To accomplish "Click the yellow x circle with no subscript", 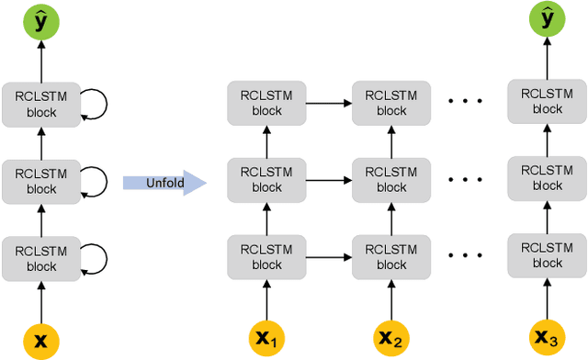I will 40,341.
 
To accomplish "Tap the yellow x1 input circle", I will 267,339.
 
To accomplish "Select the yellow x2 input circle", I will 391,339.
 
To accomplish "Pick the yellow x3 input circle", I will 548,339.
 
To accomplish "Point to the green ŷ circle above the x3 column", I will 548,20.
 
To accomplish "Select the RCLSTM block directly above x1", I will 267,256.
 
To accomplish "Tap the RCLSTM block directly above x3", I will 548,256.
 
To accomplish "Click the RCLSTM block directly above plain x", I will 41,259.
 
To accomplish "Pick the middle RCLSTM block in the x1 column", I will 267,180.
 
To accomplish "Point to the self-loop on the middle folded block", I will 96,182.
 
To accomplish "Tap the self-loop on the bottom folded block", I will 96,259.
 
